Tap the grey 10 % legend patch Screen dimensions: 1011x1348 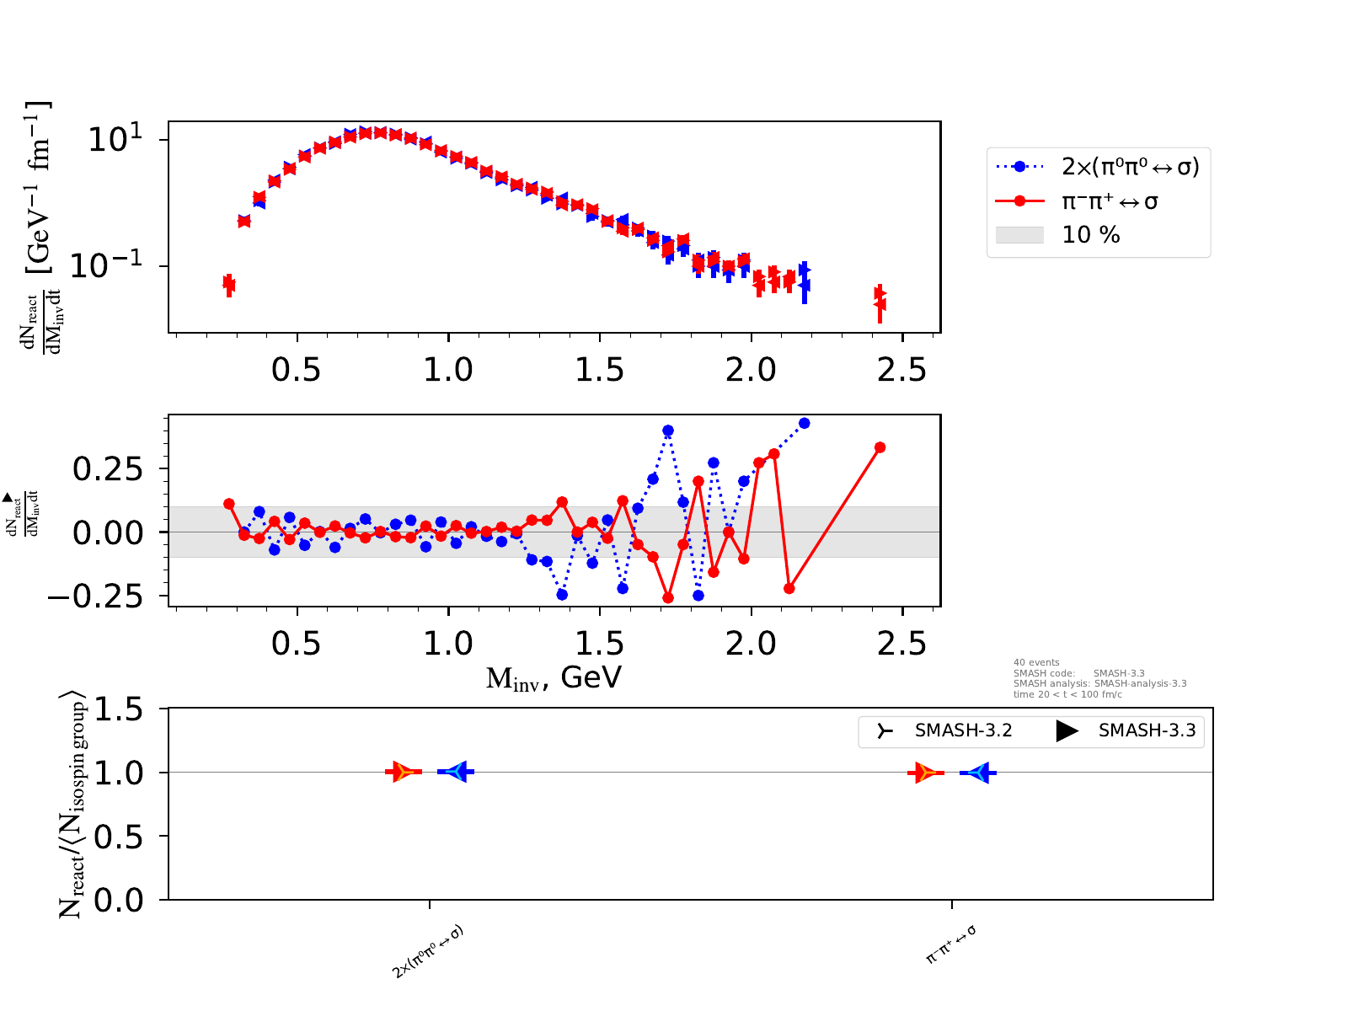(x=1019, y=235)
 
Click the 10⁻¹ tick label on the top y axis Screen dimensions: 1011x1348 (x=106, y=266)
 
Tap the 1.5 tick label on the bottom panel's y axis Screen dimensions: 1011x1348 (x=118, y=709)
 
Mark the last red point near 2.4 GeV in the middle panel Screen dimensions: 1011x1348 (x=880, y=447)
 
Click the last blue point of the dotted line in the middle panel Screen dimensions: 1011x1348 (x=805, y=423)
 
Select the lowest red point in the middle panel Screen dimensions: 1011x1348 (x=668, y=598)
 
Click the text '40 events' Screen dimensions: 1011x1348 (x=1036, y=663)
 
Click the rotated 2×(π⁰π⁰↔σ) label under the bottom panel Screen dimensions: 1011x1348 (x=429, y=952)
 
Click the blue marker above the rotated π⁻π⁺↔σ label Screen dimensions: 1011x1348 (x=978, y=773)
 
